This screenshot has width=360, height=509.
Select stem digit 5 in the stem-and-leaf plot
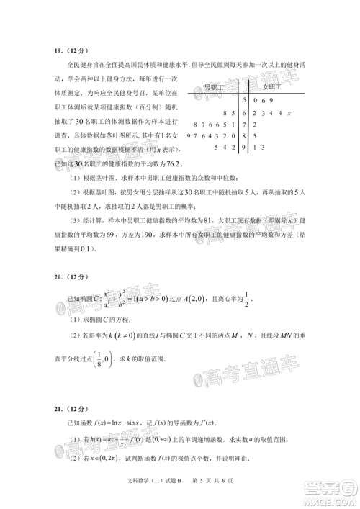[x=245, y=100]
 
